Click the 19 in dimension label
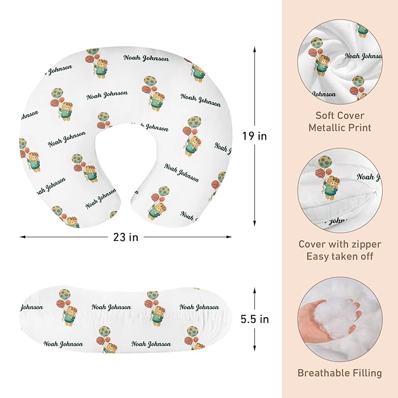coord(254,136)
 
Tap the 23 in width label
coord(126,237)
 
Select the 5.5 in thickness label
coord(254,319)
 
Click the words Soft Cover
coord(340,115)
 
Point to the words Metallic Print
coord(340,127)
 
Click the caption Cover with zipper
coord(340,244)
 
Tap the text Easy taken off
coord(340,256)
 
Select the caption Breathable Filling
coord(340,373)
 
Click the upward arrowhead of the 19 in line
coord(254,49)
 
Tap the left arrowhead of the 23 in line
coord(23,237)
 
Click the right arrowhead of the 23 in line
coord(229,237)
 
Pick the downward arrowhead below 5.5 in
coord(254,348)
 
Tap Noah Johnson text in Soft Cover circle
coord(363,56)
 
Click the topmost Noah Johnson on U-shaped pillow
coord(146,58)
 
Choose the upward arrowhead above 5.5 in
coord(254,290)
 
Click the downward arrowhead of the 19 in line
coord(254,223)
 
